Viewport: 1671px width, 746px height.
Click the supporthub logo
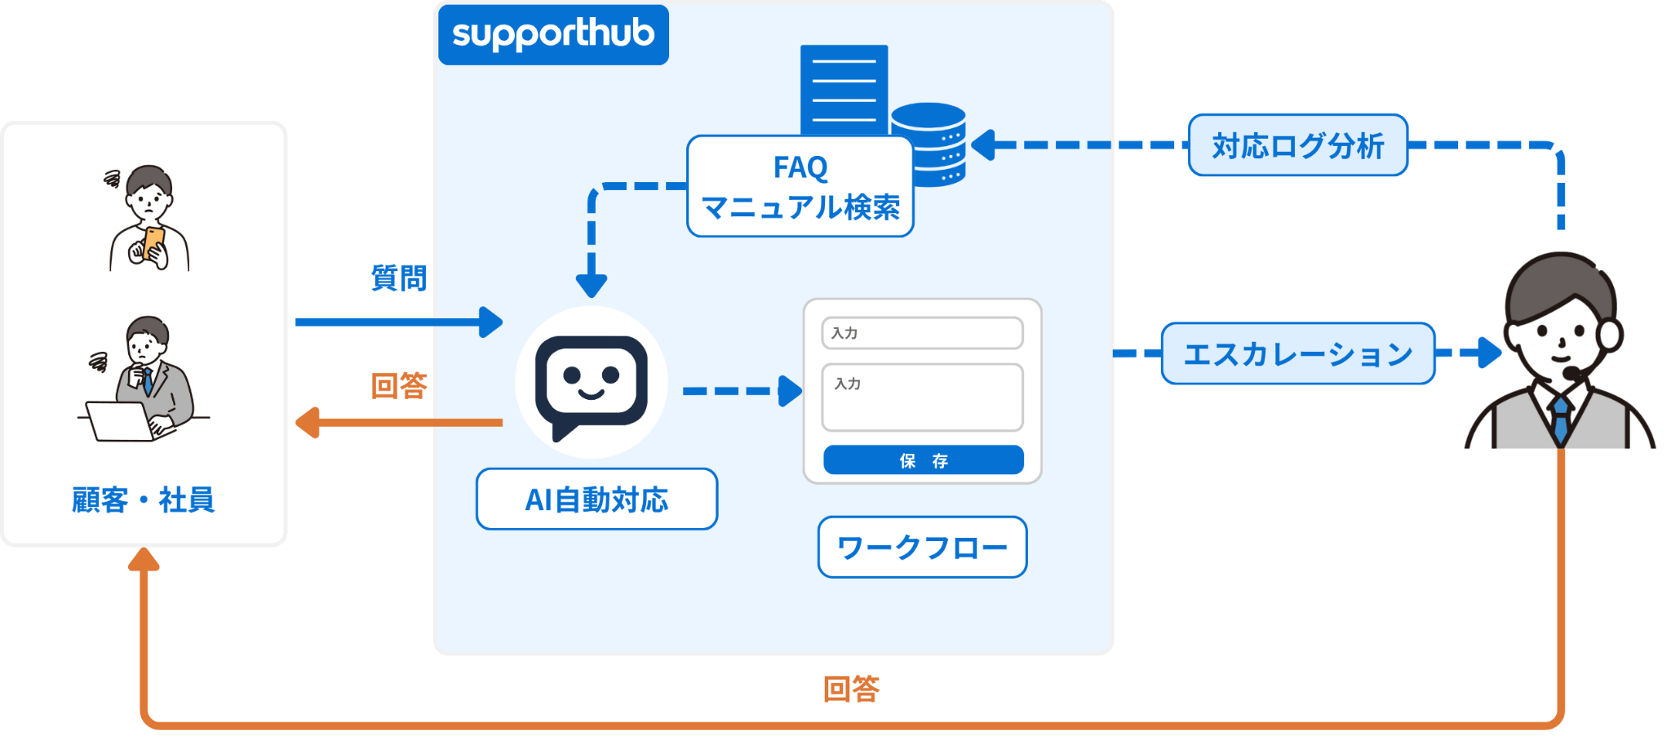coord(553,34)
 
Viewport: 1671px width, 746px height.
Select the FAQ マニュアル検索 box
coord(800,187)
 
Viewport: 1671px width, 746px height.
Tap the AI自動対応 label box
coord(596,500)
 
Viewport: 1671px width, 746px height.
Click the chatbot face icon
coord(591,382)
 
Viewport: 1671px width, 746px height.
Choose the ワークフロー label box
coord(922,547)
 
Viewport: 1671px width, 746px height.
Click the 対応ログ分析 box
coord(1297,145)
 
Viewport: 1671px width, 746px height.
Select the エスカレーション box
coord(1297,353)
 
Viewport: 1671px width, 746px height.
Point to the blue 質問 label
coord(398,278)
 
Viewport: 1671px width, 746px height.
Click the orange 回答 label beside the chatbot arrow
coord(399,385)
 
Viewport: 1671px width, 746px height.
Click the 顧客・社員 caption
coord(143,500)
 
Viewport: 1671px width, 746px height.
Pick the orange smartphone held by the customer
coord(153,243)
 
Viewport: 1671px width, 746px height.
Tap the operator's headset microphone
coord(1571,372)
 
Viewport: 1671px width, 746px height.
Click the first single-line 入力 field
coord(922,333)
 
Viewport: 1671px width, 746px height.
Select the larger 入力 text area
coord(922,397)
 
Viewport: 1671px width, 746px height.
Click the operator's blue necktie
coord(1561,418)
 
